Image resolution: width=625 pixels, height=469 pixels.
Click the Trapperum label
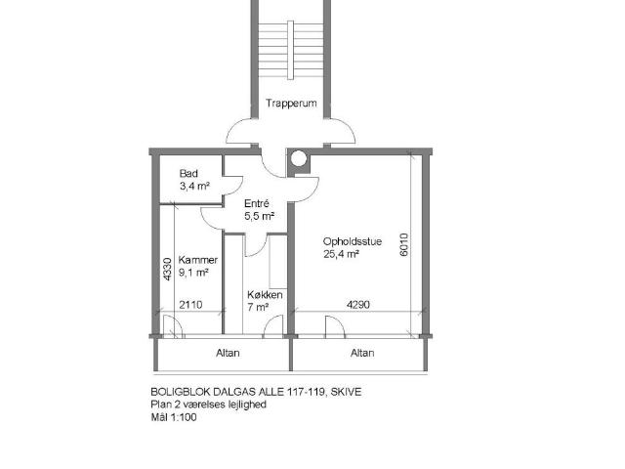(291, 104)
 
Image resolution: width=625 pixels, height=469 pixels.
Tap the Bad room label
(188, 174)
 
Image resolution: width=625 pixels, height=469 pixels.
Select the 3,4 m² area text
(194, 186)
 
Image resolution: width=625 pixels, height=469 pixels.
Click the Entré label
(256, 203)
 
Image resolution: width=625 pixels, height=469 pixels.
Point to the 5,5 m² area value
(259, 216)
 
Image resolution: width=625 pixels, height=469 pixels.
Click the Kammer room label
(197, 260)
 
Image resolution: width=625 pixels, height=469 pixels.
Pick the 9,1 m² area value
(193, 273)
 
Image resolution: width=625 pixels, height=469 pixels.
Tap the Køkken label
(265, 295)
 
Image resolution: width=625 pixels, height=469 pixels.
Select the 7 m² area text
(258, 307)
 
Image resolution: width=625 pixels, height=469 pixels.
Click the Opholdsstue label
(353, 241)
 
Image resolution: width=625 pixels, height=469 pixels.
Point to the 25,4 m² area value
(341, 254)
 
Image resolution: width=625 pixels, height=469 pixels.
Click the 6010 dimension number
(403, 244)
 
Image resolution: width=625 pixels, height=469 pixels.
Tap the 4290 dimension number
(358, 305)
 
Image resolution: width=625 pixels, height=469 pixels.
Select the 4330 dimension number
(167, 270)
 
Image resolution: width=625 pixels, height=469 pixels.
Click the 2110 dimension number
(190, 305)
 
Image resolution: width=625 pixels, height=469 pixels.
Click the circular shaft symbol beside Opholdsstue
(299, 159)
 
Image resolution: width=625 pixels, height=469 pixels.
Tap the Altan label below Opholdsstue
(362, 353)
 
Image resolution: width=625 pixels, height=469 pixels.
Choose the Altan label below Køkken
(228, 353)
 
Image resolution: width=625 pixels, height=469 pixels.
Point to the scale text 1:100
(185, 417)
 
